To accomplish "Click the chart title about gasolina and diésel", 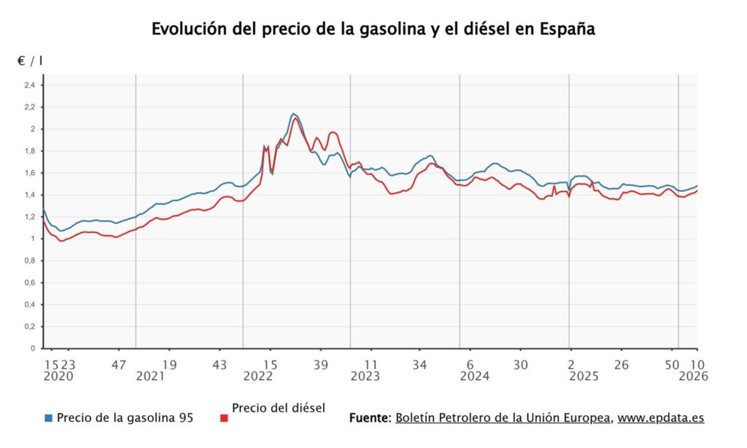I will click(x=373, y=29).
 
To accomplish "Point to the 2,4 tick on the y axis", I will click(x=30, y=85).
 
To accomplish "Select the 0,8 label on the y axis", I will click(x=30, y=260).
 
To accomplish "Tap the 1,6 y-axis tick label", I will click(x=30, y=173).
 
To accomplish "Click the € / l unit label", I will click(x=30, y=61).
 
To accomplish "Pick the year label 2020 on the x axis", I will click(x=58, y=376).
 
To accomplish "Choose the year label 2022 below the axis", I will click(x=258, y=376).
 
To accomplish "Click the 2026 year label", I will click(x=693, y=376).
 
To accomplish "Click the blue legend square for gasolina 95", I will click(x=49, y=418).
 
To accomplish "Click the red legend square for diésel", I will click(x=224, y=418).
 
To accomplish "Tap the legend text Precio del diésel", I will click(x=278, y=408).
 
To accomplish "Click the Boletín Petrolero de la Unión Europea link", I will click(x=503, y=418).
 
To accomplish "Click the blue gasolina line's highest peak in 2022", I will click(x=293, y=114).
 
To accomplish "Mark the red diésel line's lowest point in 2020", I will click(x=62, y=240).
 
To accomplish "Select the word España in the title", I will click(x=567, y=29).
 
